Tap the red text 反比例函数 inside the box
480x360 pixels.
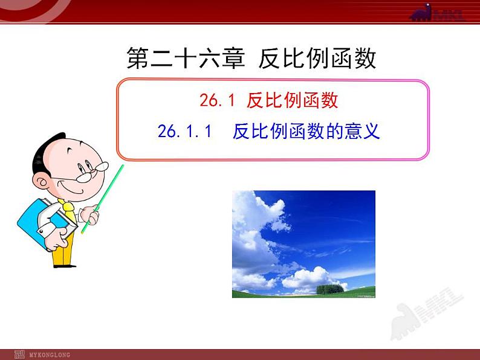(292, 100)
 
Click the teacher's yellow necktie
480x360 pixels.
(70, 213)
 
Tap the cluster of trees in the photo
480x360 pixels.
(330, 289)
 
